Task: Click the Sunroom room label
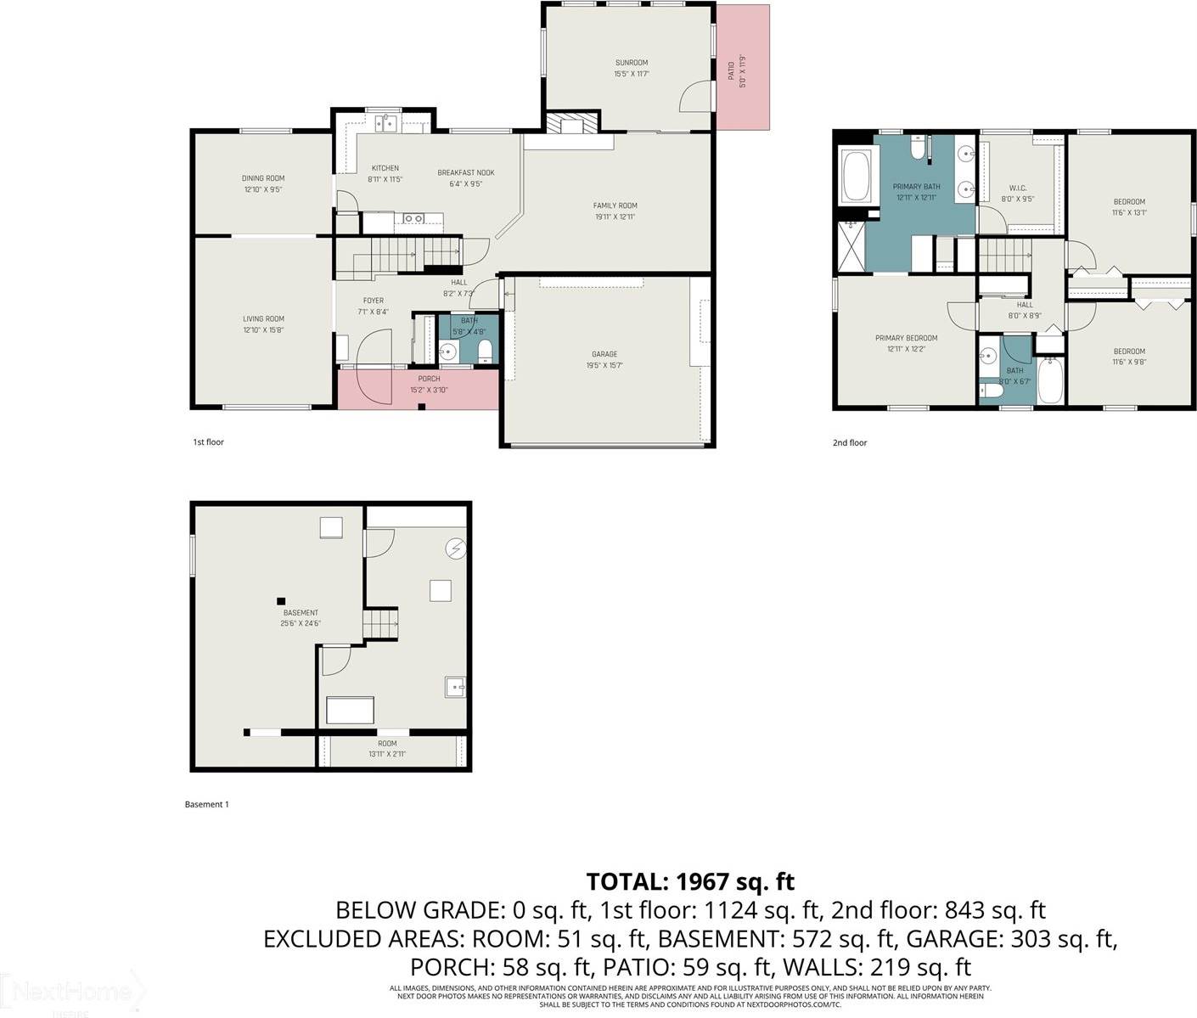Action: [x=631, y=63]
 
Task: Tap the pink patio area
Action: [x=743, y=68]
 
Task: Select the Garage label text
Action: [x=604, y=354]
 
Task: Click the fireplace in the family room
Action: [x=566, y=125]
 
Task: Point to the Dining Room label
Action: [x=263, y=178]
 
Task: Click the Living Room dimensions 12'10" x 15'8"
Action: [x=263, y=329]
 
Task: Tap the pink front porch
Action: [x=418, y=391]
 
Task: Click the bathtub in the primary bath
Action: [x=851, y=177]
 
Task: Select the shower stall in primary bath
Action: [x=850, y=245]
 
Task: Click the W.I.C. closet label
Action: [x=1018, y=188]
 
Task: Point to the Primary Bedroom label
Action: [x=906, y=338]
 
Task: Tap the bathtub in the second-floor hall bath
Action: [x=1050, y=380]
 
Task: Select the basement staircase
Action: [x=381, y=624]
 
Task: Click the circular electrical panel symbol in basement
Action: [x=456, y=549]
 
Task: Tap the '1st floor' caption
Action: [x=208, y=442]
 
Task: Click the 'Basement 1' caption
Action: [x=207, y=804]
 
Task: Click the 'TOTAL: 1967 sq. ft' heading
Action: [x=690, y=880]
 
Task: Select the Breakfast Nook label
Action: [x=465, y=173]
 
